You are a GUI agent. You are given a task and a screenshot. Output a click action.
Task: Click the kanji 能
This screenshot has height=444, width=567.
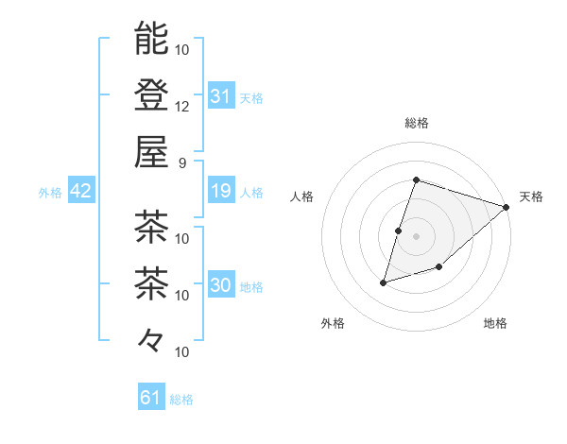coord(151,39)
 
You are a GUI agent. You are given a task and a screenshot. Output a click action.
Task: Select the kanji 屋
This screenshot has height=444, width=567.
coord(151,150)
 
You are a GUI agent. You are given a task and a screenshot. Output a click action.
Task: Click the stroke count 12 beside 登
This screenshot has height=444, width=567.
coord(182,106)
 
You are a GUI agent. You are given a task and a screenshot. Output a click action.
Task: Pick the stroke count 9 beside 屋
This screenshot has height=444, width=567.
coord(182,162)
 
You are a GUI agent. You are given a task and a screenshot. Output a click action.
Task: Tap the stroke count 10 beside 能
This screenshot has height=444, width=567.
coord(182,49)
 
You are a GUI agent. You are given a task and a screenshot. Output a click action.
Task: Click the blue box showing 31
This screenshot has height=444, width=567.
coord(220,95)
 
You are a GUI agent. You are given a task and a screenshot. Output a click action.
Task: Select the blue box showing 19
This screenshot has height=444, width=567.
coord(220,192)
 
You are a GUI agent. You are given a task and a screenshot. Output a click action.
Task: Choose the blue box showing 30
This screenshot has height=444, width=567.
coord(220,286)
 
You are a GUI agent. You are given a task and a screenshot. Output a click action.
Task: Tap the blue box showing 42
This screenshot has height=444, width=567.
coord(81,192)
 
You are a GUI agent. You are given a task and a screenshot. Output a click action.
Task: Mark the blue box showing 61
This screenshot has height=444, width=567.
coord(151,398)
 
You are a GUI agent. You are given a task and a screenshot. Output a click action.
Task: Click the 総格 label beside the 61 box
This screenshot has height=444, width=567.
coord(181,400)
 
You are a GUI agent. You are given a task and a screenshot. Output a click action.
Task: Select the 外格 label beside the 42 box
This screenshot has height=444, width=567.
coord(50,193)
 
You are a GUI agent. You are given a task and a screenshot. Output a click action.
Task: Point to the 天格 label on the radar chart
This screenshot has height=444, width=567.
coord(531,196)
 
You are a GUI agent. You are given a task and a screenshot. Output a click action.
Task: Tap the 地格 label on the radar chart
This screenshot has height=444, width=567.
coord(495,323)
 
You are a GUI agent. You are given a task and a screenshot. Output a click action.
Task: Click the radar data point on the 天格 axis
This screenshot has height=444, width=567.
coord(507,207)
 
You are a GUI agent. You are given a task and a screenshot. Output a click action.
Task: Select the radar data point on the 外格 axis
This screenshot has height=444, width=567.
coord(384,282)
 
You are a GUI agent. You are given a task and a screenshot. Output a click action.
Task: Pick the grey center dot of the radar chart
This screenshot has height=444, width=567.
coord(417,236)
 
